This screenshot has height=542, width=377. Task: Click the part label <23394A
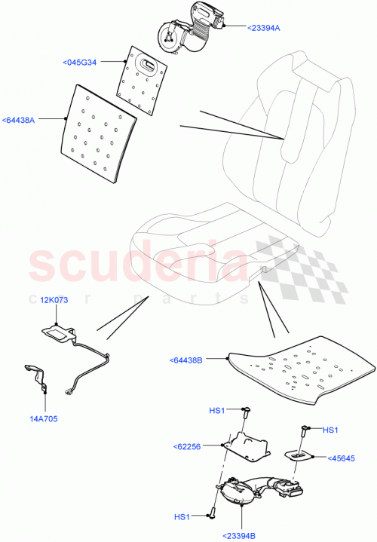263,27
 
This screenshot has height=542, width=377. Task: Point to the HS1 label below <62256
182,516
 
